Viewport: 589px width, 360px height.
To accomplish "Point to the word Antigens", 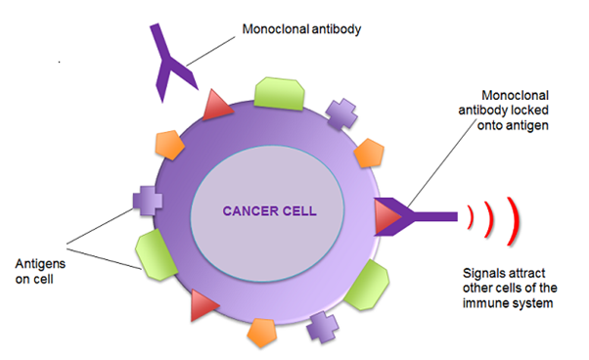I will [38, 263].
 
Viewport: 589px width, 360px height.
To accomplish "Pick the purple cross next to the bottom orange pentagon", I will [322, 327].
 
